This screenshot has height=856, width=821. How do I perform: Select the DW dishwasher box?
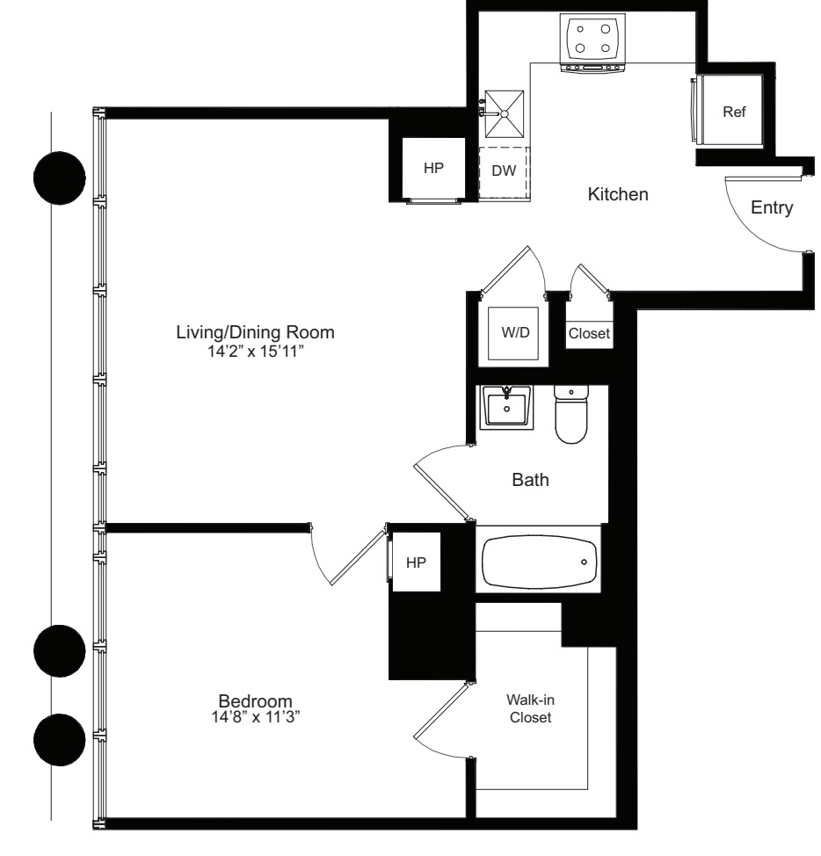(x=504, y=171)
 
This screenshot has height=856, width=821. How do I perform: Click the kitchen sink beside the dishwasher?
(x=505, y=112)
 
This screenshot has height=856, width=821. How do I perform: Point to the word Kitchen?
(x=618, y=194)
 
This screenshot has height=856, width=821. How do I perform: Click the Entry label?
(x=773, y=208)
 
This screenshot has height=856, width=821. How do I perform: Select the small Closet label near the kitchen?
(x=588, y=334)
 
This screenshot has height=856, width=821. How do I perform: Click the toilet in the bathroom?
(x=572, y=415)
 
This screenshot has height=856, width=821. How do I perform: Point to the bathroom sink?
(x=506, y=409)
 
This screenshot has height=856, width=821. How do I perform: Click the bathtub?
(x=539, y=560)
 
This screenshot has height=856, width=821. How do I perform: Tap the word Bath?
(x=530, y=481)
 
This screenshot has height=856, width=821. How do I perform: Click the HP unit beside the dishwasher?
(x=433, y=169)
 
